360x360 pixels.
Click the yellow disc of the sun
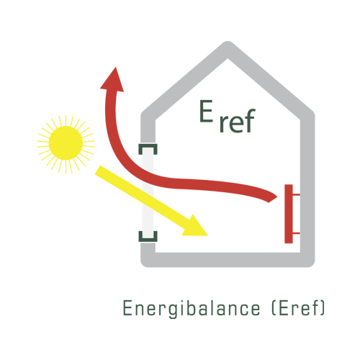66,143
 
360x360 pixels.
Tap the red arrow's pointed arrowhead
113,81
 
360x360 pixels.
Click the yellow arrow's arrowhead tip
208,235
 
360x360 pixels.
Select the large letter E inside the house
206,111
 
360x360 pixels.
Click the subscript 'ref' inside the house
238,121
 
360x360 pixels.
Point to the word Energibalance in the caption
192,308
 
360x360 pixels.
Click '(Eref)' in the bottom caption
298,307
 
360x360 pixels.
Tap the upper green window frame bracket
148,149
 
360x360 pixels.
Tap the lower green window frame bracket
148,237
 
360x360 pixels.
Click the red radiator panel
289,214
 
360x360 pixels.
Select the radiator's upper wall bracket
297,194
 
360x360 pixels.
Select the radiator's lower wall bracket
297,233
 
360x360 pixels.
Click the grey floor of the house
228,260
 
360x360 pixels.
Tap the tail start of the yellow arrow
97,169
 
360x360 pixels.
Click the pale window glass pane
148,192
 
